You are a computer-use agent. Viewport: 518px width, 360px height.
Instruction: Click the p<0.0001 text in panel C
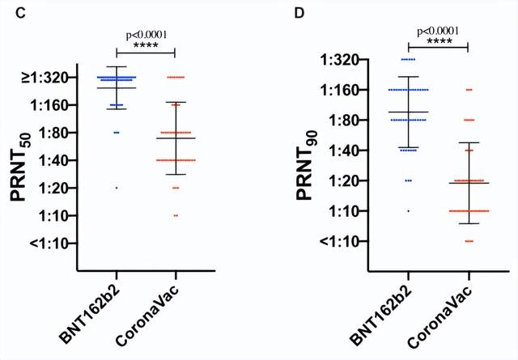click(x=146, y=35)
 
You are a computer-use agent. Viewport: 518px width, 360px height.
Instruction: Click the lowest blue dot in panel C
click(x=117, y=188)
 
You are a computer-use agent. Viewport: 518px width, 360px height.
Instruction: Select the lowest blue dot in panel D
click(x=408, y=210)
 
